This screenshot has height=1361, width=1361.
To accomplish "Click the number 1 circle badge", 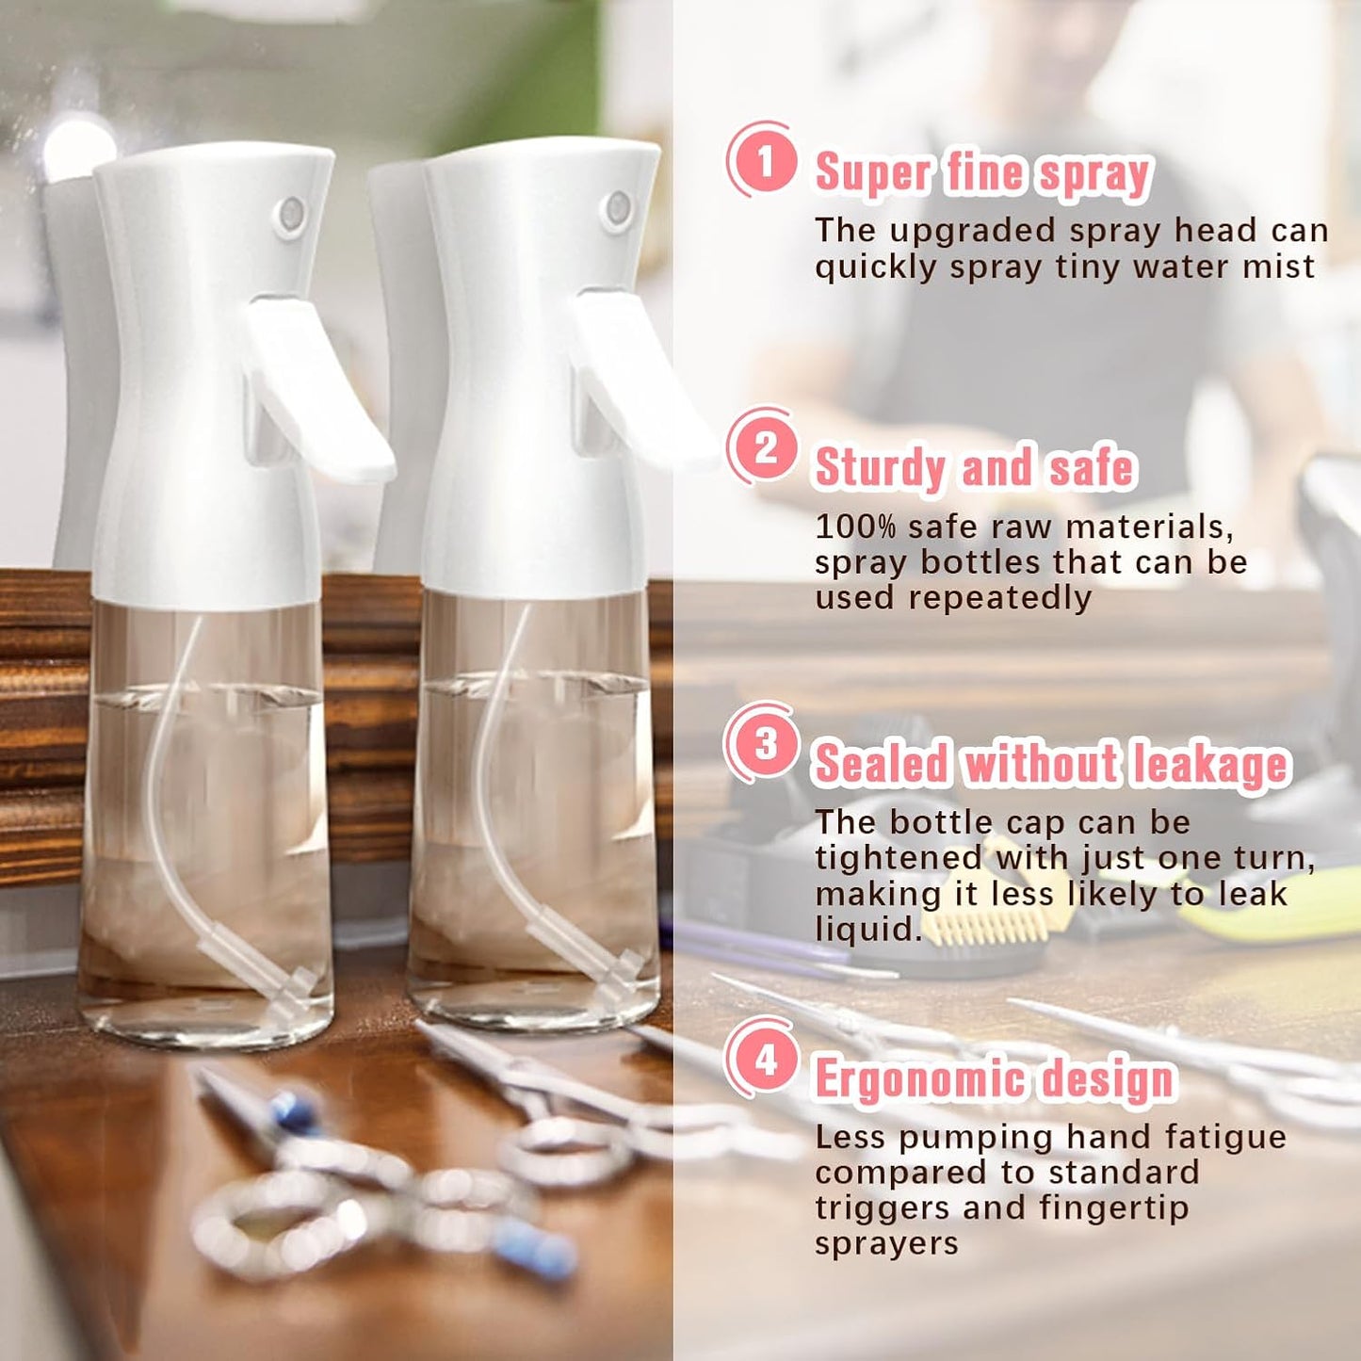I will pyautogui.click(x=763, y=160).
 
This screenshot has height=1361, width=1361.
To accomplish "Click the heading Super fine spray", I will pyautogui.click(x=982, y=173).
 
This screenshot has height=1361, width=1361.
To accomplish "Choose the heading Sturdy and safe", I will pyautogui.click(x=974, y=468).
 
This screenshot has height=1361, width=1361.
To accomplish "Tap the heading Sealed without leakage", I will pyautogui.click(x=1050, y=764).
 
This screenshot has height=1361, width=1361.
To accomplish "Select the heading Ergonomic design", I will pyautogui.click(x=995, y=1078).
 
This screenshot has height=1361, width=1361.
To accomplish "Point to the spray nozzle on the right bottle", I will pyautogui.click(x=617, y=207).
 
